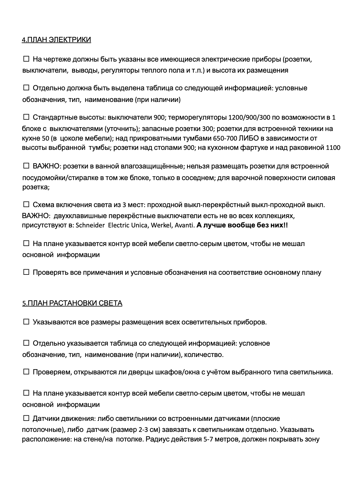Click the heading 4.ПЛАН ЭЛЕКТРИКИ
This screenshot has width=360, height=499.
(56, 40)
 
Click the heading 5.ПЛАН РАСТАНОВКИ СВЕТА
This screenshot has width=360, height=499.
(72, 303)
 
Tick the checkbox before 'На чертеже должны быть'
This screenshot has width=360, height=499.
(26, 59)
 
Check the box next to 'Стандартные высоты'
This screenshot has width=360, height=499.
(26, 117)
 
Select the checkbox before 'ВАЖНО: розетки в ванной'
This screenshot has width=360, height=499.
(26, 166)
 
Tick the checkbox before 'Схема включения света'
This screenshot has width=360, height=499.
(26, 204)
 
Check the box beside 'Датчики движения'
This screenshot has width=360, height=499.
(26, 418)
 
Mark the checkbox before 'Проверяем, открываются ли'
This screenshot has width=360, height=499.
(26, 372)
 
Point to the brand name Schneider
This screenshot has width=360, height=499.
(90, 225)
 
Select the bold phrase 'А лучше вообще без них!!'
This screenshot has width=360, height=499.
(242, 225)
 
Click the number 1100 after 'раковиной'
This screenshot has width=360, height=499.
(333, 148)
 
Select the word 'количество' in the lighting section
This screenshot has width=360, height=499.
(203, 355)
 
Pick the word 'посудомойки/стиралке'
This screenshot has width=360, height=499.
(56, 178)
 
